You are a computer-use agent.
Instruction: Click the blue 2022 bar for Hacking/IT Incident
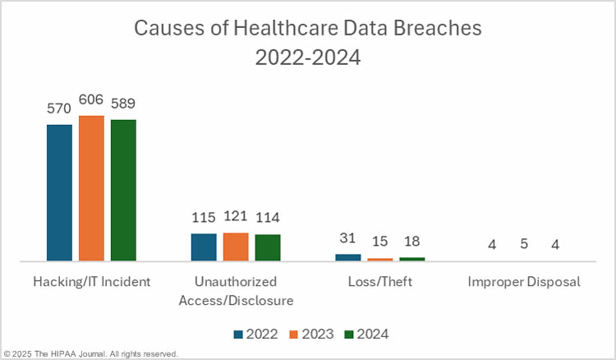click(59, 192)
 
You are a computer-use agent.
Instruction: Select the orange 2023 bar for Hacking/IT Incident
click(91, 188)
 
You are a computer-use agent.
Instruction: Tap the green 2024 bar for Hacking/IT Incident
click(123, 190)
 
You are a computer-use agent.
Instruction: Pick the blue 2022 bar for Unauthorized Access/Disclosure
click(204, 247)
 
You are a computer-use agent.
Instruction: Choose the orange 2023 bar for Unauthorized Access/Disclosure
click(236, 247)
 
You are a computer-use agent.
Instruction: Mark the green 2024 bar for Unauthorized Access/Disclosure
click(268, 247)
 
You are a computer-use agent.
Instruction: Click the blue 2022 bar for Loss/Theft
click(348, 257)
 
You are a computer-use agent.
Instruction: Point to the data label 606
click(91, 100)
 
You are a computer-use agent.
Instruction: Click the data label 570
click(59, 109)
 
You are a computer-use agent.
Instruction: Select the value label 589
click(123, 104)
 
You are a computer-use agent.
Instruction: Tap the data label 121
click(236, 218)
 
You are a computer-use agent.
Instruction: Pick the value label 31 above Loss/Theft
click(348, 239)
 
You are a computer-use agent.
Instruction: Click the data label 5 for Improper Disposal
click(525, 245)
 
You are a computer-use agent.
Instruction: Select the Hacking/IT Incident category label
click(91, 282)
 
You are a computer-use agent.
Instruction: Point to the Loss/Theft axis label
click(380, 282)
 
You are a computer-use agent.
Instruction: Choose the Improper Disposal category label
click(524, 282)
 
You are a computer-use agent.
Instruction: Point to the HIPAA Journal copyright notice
click(90, 353)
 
